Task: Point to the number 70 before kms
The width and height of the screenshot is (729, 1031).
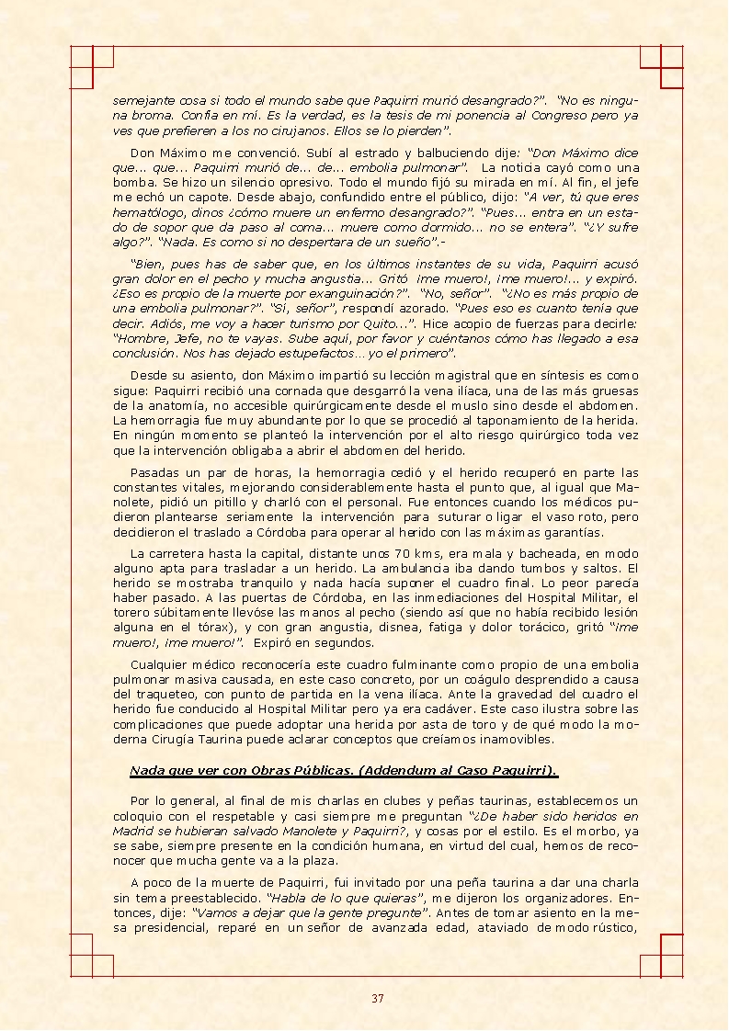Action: click(x=402, y=553)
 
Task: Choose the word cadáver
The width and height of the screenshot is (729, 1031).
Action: click(x=471, y=709)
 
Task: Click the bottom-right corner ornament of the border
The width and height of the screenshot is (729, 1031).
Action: click(x=660, y=956)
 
